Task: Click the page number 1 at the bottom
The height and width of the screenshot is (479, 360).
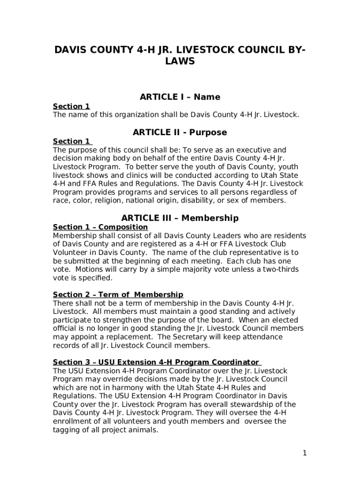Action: click(304, 453)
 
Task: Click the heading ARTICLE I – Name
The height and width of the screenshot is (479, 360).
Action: click(180, 97)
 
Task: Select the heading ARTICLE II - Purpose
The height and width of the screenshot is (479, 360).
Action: click(180, 132)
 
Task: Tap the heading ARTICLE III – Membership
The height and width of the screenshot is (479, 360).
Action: click(180, 218)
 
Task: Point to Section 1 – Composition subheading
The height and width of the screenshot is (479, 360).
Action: click(101, 227)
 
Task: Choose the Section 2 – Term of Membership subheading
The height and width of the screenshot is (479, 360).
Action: click(118, 295)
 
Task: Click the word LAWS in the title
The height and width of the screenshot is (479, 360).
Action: click(180, 61)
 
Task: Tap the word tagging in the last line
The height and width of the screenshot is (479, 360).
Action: click(67, 430)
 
